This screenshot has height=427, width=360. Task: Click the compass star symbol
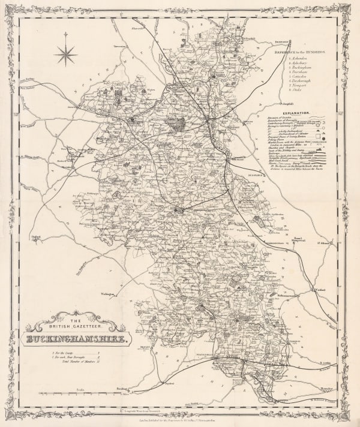click(x=66, y=55)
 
